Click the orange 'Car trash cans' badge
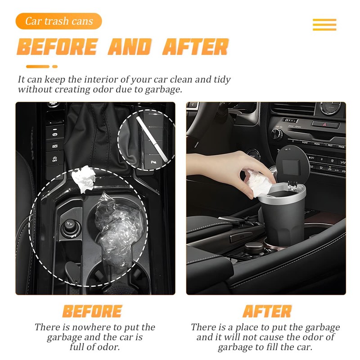pos(59,21)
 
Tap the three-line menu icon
pos(324,25)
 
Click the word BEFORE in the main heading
pos(58,47)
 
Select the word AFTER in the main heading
pos(196,47)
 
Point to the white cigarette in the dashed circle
pos(152,139)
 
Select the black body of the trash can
pos(281,221)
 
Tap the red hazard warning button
pos(325,125)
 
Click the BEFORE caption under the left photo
pos(92,311)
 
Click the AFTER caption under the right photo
pos(267,311)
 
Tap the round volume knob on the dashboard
pos(276,134)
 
